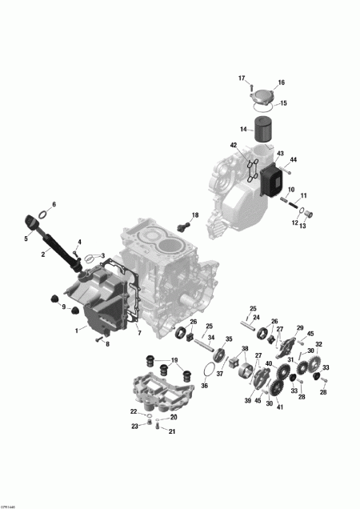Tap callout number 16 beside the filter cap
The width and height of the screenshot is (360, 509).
[x=281, y=83]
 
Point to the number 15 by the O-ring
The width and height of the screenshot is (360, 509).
[x=282, y=103]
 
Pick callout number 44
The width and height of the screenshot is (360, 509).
[x=294, y=160]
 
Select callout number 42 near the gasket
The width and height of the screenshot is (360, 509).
[x=234, y=146]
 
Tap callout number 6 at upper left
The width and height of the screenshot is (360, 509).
[x=54, y=204]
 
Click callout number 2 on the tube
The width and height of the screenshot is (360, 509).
[x=42, y=254]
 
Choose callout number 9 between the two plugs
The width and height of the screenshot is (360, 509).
[x=64, y=307]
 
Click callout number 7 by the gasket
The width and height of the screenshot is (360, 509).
[x=138, y=332]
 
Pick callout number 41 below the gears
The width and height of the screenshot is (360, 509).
[x=281, y=407]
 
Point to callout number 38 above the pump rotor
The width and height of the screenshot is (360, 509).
[x=245, y=349]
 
